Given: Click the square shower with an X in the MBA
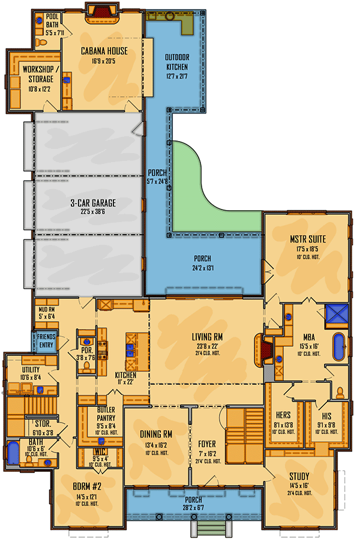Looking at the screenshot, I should tap(334, 313).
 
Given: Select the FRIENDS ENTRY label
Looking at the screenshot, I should tap(46, 340).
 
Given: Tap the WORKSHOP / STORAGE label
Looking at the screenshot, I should tap(38, 74).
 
